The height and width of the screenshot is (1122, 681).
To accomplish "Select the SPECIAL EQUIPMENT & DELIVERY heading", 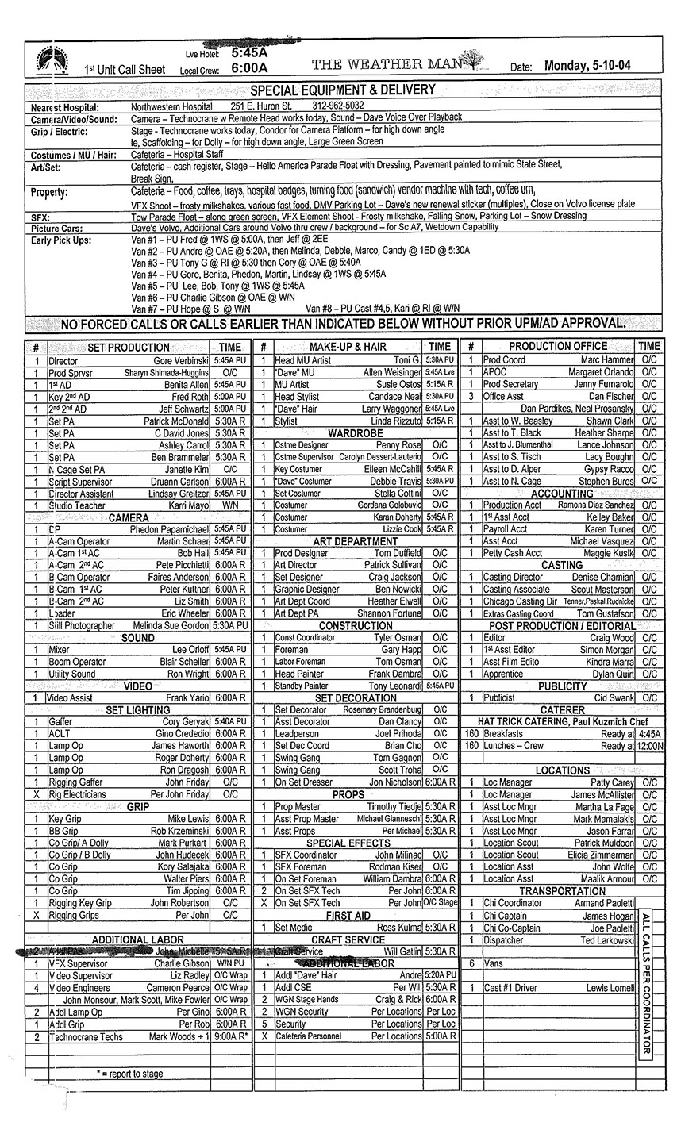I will click(x=343, y=90).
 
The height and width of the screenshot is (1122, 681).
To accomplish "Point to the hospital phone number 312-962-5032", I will click(x=338, y=105).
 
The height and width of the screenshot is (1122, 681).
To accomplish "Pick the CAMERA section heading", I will click(x=129, y=517).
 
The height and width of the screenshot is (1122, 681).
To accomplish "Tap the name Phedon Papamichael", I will click(x=169, y=529).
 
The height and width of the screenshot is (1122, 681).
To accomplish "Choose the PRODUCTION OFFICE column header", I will click(x=557, y=346).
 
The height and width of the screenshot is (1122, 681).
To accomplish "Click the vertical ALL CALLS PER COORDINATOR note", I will click(x=645, y=982).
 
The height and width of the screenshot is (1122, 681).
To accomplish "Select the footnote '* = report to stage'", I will click(x=131, y=1074).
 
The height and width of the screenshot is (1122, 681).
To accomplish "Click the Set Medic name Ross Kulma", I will click(x=399, y=927).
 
